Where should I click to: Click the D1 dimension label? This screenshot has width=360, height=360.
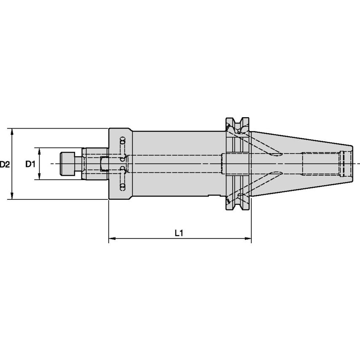click(30, 164)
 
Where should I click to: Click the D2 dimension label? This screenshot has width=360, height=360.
click(5, 164)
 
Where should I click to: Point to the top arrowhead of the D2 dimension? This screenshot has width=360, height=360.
click(12, 131)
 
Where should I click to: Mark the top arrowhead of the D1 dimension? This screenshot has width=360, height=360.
click(40, 150)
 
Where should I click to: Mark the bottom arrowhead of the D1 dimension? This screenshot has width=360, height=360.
click(40, 177)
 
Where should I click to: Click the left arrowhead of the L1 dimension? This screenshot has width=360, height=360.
click(112, 239)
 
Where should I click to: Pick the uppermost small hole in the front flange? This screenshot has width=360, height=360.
click(123, 140)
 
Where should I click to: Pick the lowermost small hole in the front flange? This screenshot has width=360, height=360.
click(123, 187)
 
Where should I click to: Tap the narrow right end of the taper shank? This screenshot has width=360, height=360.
click(350, 164)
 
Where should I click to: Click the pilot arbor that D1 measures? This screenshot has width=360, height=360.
click(95, 164)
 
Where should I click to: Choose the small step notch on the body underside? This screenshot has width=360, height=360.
click(215, 196)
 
